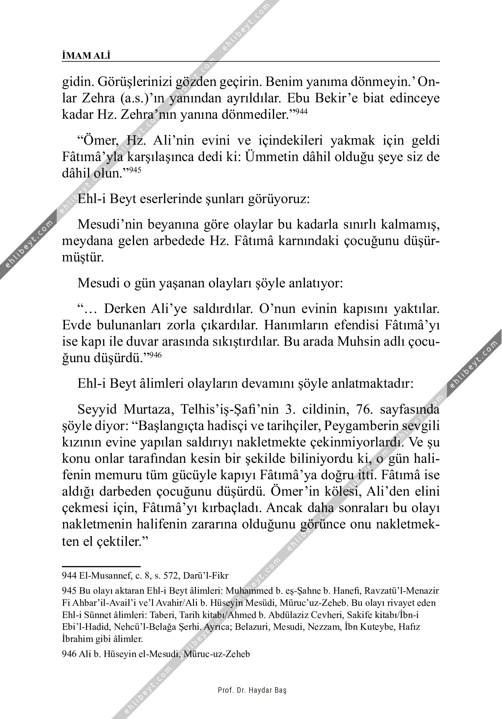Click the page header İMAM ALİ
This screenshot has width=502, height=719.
(86, 56)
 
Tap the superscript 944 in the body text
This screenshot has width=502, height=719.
(301, 112)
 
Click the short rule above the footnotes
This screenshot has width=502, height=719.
(101, 566)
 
